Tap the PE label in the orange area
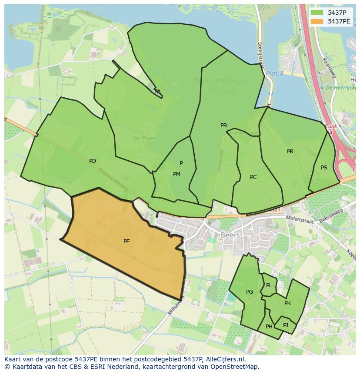pyautogui.click(x=127, y=242)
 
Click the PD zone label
pyautogui.click(x=93, y=161)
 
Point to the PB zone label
pyautogui.click(x=223, y=126)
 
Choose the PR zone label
pyautogui.click(x=290, y=152)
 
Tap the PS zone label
pyautogui.click(x=324, y=168)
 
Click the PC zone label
pyautogui.click(x=253, y=177)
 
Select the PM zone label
pyautogui.click(x=177, y=174)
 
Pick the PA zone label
pyautogui.click(x=157, y=92)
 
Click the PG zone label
pyautogui.click(x=250, y=292)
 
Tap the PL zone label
pyautogui.click(x=269, y=285)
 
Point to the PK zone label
pyautogui.click(x=287, y=303)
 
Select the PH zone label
pyautogui.click(x=269, y=327)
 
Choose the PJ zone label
pyautogui.click(x=286, y=325)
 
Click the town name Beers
pyautogui.click(x=230, y=235)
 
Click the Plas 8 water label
pyautogui.click(x=274, y=73)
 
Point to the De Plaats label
pyautogui.click(x=145, y=138)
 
